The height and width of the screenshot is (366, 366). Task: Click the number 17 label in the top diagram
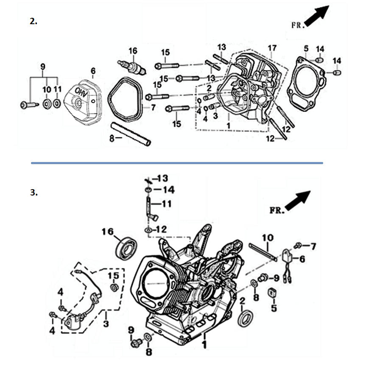click(272, 47)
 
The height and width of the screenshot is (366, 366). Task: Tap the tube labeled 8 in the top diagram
click(131, 134)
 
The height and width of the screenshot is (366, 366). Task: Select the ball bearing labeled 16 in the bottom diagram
click(126, 249)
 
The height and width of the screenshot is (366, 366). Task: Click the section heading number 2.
click(34, 22)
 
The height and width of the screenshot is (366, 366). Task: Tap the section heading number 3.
click(34, 192)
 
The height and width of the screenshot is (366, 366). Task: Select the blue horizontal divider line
click(177, 162)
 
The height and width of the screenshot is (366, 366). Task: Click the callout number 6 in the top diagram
click(93, 70)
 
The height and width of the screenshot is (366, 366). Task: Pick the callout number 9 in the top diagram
click(42, 67)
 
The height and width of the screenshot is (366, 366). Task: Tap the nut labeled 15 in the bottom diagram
click(113, 288)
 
